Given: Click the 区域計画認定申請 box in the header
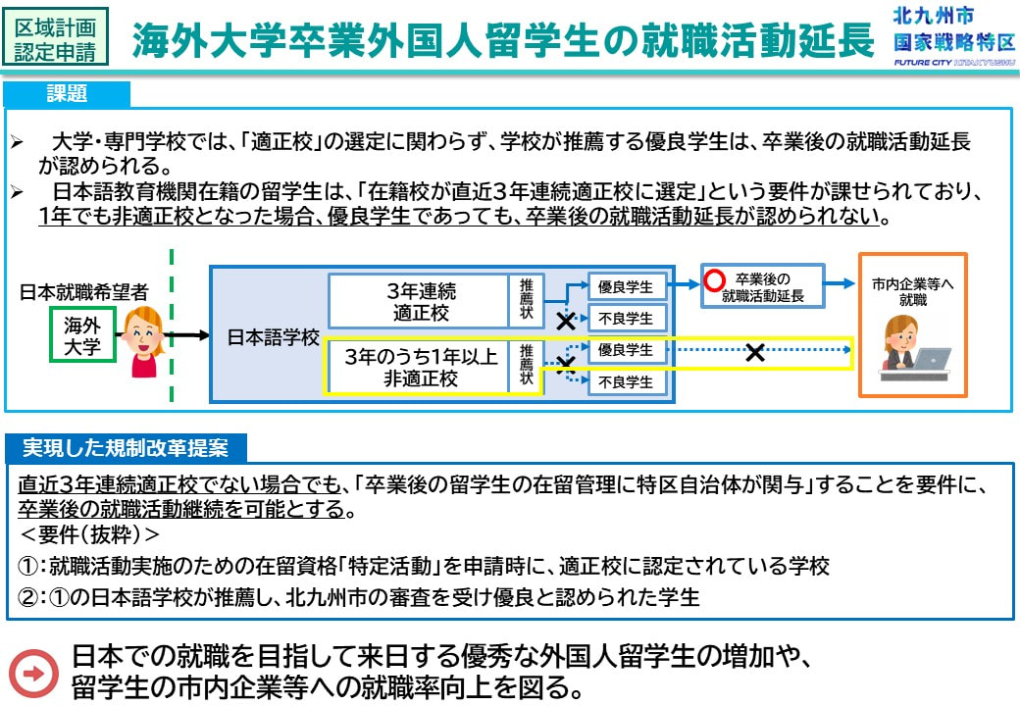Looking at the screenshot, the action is click(x=55, y=36).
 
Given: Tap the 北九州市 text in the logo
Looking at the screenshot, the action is click(x=934, y=15).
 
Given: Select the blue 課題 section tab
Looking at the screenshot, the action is click(x=67, y=94).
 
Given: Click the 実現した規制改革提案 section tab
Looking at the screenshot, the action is click(x=126, y=448).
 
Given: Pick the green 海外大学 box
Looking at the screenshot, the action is click(x=82, y=334).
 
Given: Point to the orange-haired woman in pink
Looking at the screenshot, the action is click(x=144, y=342).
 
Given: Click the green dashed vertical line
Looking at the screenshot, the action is click(x=171, y=325).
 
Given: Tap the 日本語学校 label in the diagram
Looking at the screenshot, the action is click(x=274, y=337).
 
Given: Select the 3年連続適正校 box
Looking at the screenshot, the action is click(x=420, y=301).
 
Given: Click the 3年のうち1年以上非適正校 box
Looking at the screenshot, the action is click(x=420, y=367).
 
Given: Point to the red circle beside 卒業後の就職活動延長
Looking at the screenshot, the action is click(x=714, y=280).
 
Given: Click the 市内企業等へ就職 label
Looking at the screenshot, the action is click(x=913, y=291).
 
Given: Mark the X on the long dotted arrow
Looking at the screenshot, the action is click(x=754, y=353).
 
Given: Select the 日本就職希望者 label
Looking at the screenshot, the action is click(x=84, y=292).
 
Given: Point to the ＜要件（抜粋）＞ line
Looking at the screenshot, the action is click(x=89, y=534).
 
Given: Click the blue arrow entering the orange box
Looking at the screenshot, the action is click(x=840, y=283).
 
